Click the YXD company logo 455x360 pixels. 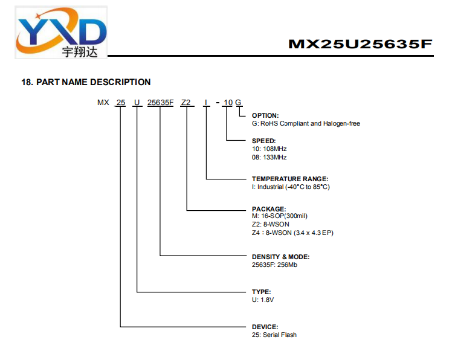61,32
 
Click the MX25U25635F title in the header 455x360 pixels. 360,44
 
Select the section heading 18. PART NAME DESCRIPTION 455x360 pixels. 86,82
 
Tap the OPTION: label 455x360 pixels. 265,115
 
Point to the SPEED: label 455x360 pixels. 264,141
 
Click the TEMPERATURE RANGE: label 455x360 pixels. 290,179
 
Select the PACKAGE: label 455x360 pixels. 269,209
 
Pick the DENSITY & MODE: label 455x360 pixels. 280,257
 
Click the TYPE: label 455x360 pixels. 261,292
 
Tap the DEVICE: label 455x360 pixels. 265,327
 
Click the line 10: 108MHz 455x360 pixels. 269,149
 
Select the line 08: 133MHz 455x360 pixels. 269,157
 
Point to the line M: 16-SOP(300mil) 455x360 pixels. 280,216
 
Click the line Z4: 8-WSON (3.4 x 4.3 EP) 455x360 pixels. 292,233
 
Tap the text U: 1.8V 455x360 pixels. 263,300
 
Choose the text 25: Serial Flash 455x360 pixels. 274,335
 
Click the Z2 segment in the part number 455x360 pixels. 186,103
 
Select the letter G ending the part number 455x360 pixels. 238,103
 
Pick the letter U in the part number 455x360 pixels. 137,103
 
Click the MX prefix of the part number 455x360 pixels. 103,103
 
